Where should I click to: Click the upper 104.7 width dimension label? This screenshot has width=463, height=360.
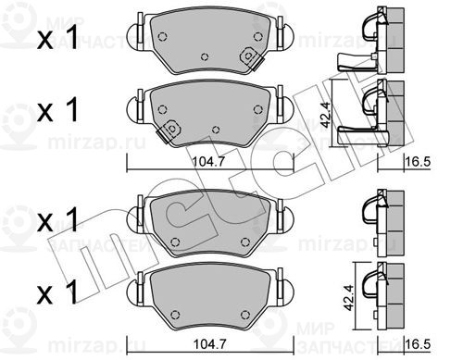[209, 162]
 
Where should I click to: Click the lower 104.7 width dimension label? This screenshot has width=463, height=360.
[209, 344]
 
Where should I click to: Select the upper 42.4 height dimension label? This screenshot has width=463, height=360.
[325, 115]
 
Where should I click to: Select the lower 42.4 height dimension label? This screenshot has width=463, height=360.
[350, 297]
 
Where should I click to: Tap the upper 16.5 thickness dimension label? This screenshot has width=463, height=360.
[419, 162]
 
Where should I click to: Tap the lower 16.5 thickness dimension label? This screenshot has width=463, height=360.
[419, 344]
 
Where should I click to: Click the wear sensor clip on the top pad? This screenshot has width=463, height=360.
[251, 58]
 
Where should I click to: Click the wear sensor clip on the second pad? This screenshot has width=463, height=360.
[169, 130]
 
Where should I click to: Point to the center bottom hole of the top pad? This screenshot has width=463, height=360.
[205, 56]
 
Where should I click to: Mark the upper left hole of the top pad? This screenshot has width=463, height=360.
[162, 37]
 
